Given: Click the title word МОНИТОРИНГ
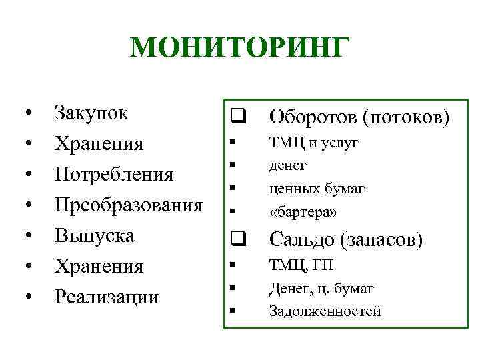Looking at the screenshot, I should [239, 49].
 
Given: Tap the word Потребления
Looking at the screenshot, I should [114, 174].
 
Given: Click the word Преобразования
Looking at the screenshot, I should [129, 205].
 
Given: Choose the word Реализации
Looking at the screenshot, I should [107, 297].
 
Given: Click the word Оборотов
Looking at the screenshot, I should [313, 117].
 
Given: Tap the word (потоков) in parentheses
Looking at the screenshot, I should [407, 117].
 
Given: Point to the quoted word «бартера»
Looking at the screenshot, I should [303, 211].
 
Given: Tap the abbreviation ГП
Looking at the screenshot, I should [322, 265].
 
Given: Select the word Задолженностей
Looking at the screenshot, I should [325, 311].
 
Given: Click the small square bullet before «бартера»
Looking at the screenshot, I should [231, 212].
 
